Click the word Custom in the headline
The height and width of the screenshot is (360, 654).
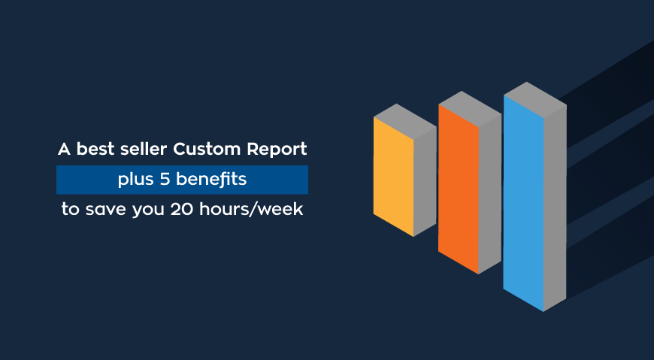tap(207, 149)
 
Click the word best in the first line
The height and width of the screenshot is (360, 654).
tap(95, 149)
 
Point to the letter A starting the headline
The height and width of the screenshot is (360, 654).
tap(64, 150)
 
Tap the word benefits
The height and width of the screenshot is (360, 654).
tap(211, 179)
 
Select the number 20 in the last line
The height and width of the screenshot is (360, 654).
tap(181, 210)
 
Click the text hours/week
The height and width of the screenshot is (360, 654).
tap(251, 209)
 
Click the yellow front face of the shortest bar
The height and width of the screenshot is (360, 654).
tap(393, 177)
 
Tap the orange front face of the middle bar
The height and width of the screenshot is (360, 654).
tap(459, 189)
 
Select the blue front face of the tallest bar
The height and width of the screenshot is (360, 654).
tap(523, 203)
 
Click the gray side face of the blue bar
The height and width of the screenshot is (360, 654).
tap(556, 208)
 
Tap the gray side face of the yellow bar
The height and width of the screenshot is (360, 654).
tap(425, 181)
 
